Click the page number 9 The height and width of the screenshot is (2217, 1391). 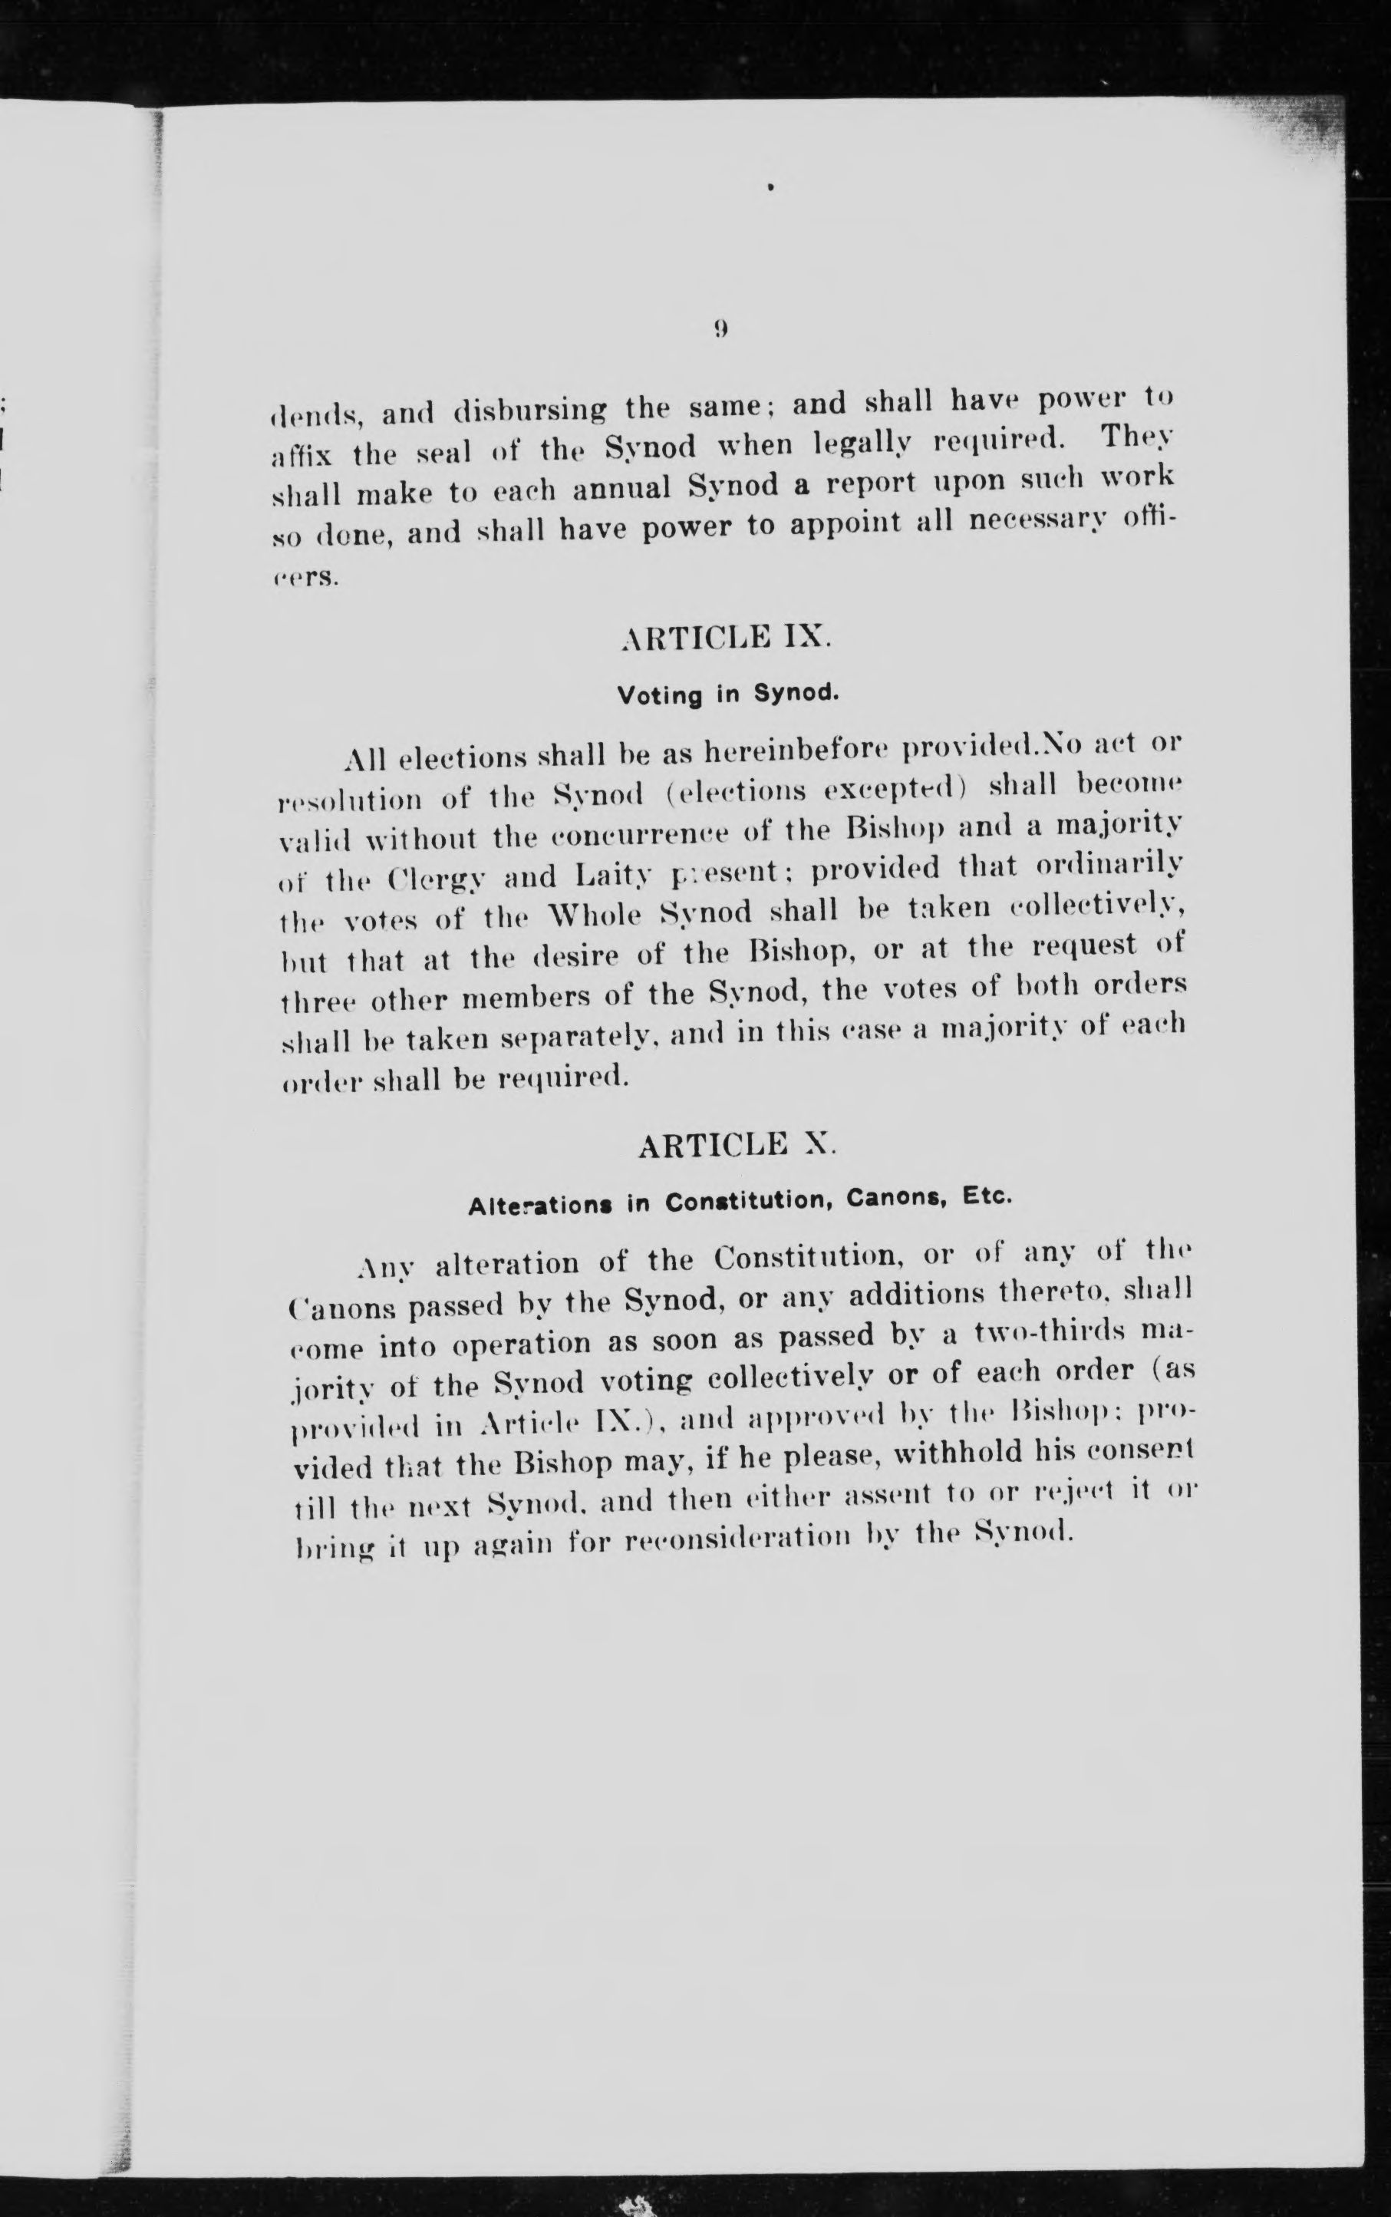[x=721, y=328]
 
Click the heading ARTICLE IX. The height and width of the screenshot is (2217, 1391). [x=726, y=638]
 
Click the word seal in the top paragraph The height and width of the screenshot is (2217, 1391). [x=444, y=454]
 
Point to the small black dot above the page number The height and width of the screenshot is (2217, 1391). [x=771, y=189]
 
